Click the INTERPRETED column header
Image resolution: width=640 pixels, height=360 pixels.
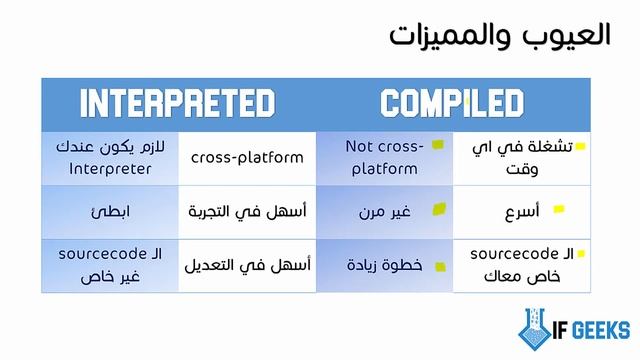tap(178, 103)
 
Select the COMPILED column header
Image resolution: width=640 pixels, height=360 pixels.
tap(452, 103)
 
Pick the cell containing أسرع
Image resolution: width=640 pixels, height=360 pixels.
tap(522, 211)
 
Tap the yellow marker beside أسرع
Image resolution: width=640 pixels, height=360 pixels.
tap(559, 210)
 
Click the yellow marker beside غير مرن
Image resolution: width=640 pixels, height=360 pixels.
tap(437, 210)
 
